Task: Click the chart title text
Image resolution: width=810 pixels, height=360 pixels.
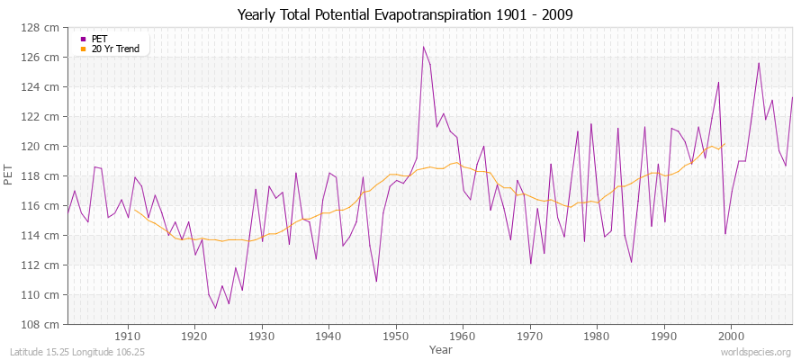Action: (404, 14)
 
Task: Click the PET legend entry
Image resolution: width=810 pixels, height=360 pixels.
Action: (99, 39)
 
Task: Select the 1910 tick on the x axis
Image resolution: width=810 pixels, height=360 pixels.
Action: (128, 336)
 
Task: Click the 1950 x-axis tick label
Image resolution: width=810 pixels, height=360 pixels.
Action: (395, 336)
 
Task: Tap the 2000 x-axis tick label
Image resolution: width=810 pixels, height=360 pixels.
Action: (731, 336)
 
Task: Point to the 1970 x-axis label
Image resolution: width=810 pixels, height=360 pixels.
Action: (529, 336)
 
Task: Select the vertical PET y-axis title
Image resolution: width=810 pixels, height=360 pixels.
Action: (10, 176)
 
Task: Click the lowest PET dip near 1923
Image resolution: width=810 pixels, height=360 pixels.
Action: (215, 308)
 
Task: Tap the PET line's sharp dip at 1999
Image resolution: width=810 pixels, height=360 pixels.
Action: (724, 234)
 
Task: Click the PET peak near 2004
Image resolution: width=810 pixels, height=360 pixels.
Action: (759, 63)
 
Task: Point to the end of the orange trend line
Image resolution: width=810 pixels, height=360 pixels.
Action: (724, 144)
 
